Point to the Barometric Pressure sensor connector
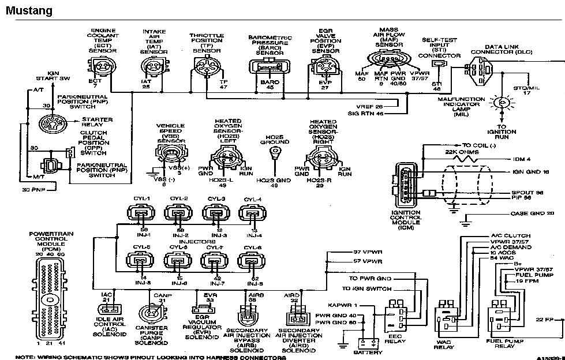(266, 68)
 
